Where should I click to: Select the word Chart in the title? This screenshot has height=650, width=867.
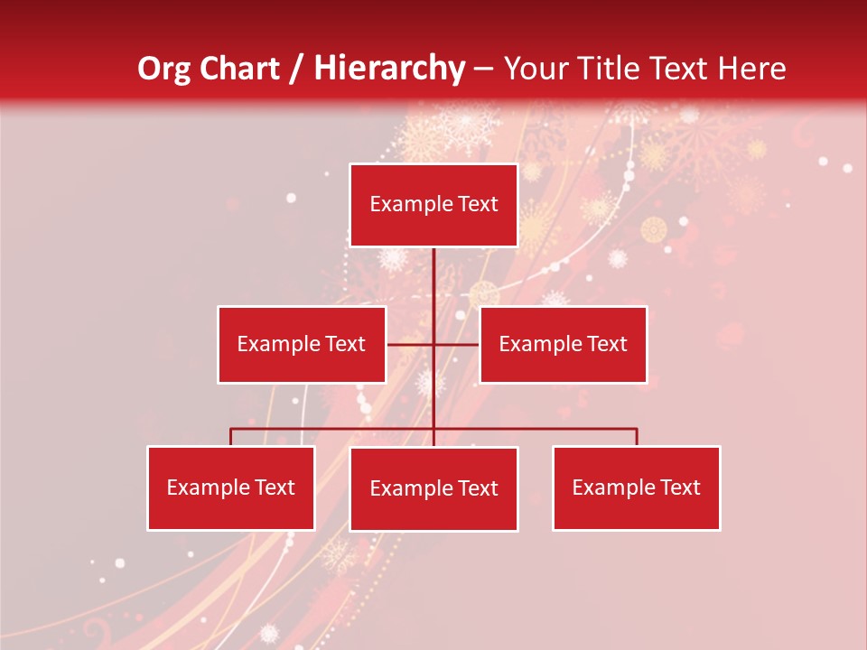point(239,69)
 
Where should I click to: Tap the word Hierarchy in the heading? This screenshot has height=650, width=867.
point(389,69)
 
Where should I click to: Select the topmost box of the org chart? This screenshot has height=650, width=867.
point(433,205)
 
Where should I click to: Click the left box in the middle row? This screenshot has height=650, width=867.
point(302,344)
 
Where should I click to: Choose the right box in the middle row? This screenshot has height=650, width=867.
point(563,344)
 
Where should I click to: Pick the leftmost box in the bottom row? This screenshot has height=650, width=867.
point(231,487)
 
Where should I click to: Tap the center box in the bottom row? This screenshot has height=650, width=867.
point(433,488)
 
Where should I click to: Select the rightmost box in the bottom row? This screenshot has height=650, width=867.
point(637,487)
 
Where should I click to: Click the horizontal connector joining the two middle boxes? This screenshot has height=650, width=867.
point(456,344)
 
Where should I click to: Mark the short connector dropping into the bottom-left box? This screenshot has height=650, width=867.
point(231,437)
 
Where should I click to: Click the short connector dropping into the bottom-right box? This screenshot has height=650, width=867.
point(637,437)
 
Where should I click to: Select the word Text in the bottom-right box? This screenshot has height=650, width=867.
point(680,487)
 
